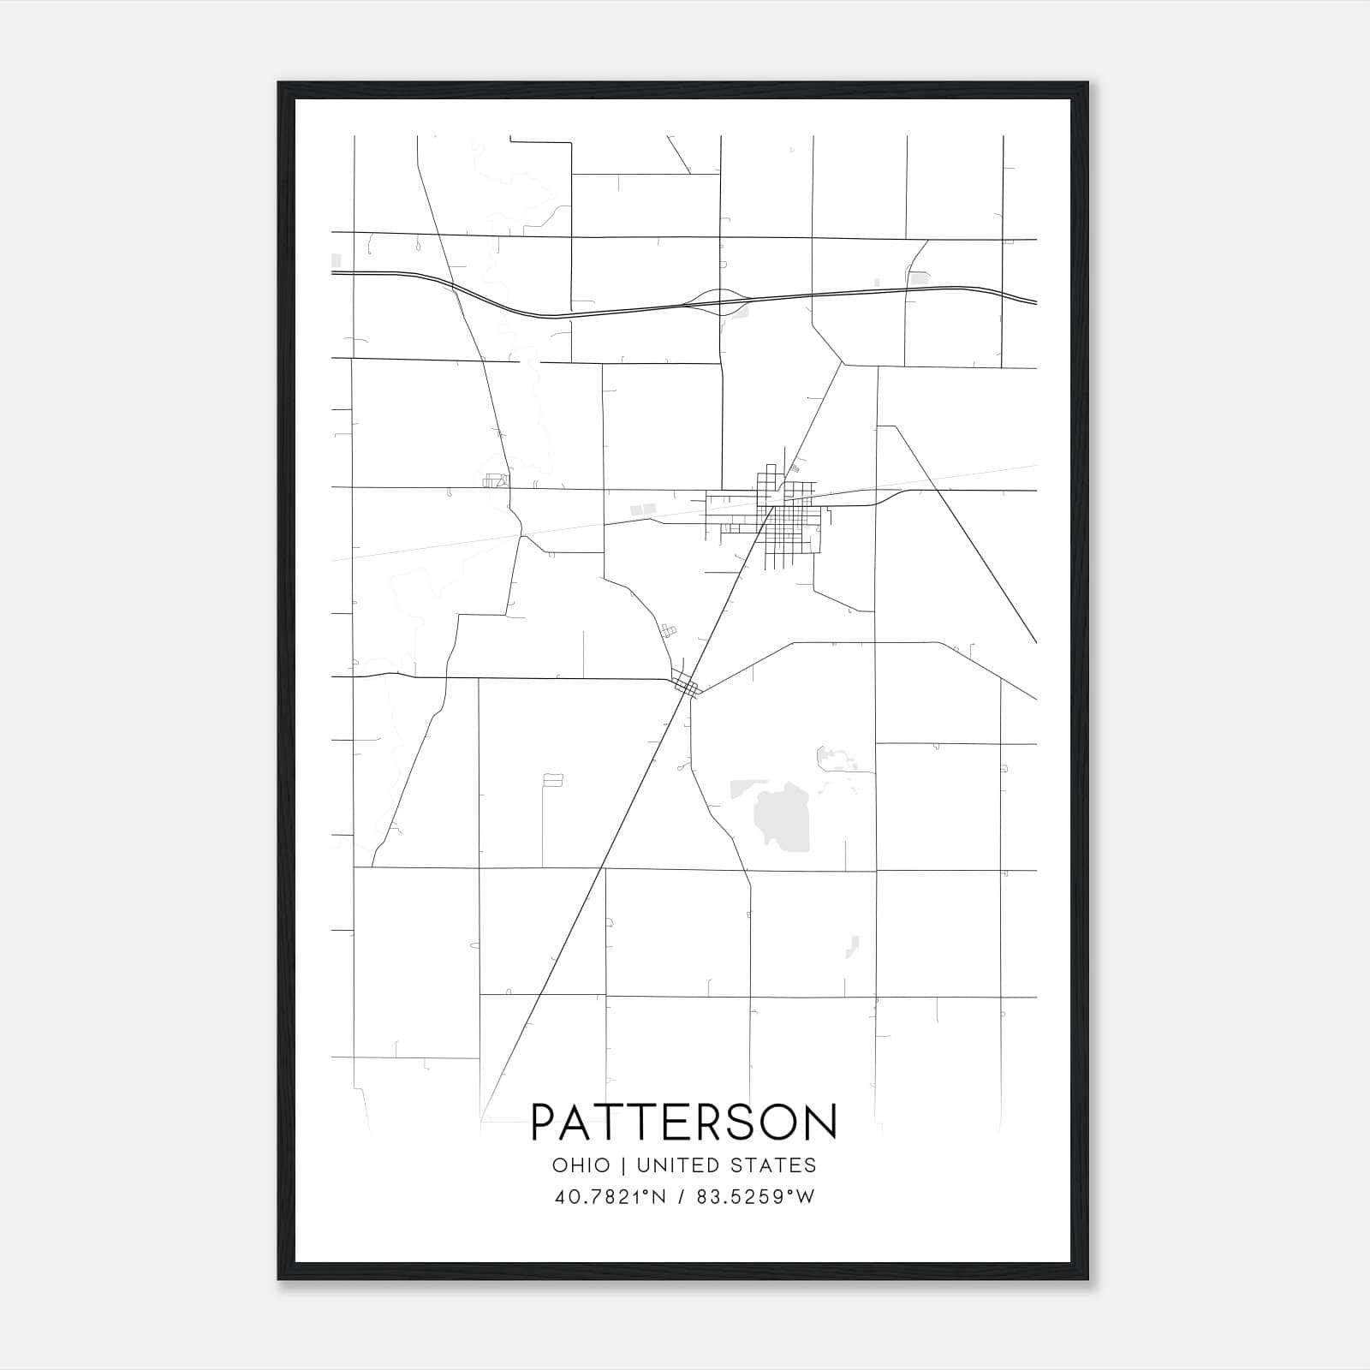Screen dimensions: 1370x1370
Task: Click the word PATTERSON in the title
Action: [684, 1122]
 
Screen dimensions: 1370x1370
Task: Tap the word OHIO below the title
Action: [581, 1165]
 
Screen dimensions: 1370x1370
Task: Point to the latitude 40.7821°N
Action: [611, 1197]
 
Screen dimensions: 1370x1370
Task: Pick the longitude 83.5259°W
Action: [756, 1197]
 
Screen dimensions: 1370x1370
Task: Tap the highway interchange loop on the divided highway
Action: [718, 301]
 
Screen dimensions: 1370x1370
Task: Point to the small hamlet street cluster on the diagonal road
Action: [687, 684]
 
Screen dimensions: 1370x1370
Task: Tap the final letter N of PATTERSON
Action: [820, 1122]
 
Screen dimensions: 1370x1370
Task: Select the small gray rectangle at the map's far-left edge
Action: [337, 260]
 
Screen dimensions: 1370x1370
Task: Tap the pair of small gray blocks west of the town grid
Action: [643, 509]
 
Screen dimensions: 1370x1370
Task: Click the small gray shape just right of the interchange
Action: [741, 311]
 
